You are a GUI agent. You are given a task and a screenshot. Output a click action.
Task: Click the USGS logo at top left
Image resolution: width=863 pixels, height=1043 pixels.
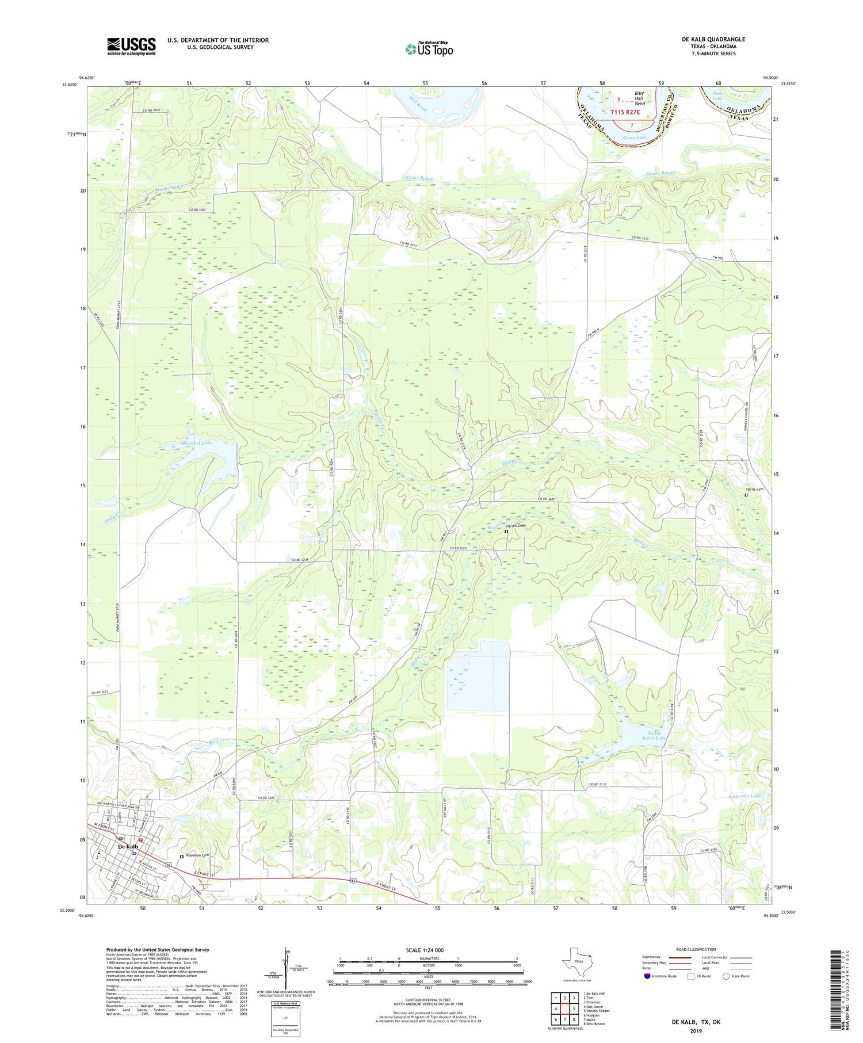[131, 46]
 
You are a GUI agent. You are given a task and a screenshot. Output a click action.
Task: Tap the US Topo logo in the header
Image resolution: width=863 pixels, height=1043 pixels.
[429, 49]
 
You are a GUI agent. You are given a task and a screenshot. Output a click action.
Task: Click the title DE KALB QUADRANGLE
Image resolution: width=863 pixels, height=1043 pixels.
[713, 39]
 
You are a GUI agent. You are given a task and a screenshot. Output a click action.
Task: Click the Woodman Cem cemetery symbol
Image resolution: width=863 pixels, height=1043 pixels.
[181, 857]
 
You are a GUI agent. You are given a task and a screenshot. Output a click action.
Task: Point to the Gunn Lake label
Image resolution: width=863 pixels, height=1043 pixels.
[635, 137]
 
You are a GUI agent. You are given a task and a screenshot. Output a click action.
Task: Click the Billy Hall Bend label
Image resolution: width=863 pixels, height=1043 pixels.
[639, 98]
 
